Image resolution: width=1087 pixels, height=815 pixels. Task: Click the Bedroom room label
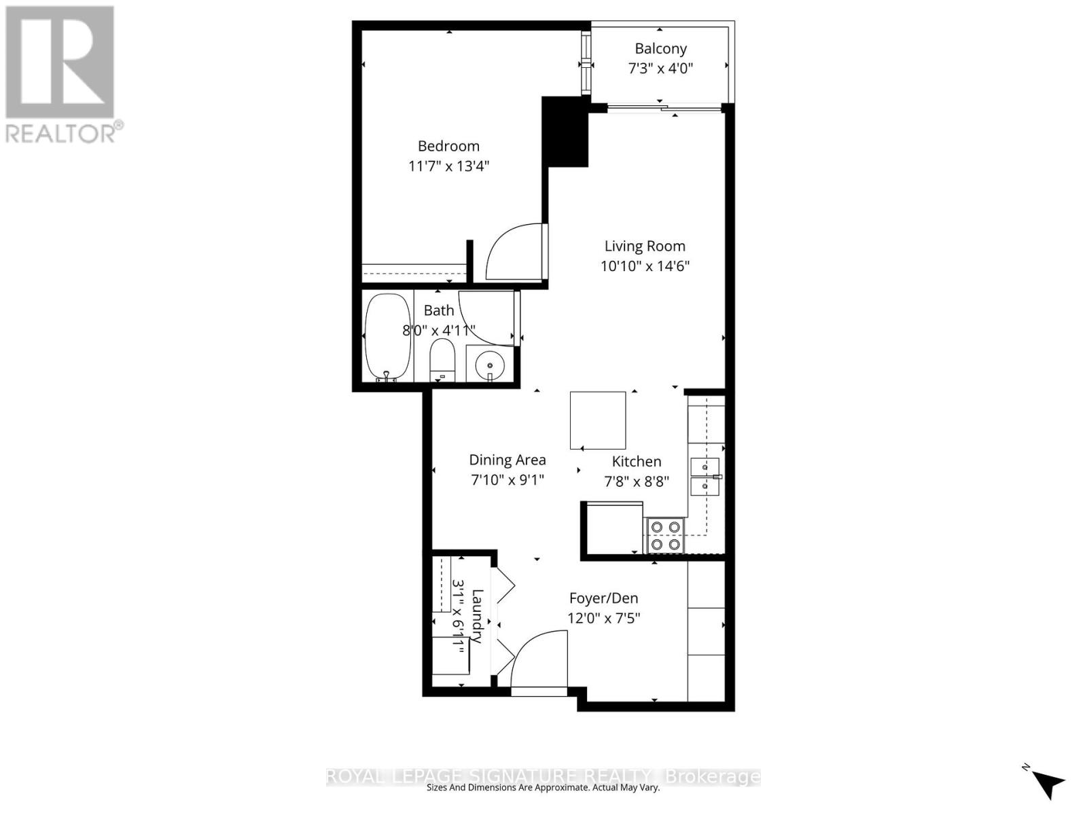pyautogui.click(x=448, y=146)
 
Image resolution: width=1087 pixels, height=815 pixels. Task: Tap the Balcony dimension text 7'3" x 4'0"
pyautogui.click(x=660, y=68)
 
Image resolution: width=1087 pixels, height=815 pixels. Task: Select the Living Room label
pyautogui.click(x=645, y=246)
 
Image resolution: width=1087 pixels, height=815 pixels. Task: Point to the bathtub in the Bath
pyautogui.click(x=388, y=336)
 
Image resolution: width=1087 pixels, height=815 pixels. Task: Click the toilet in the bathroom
pyautogui.click(x=442, y=360)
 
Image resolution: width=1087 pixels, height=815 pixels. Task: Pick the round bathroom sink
pyautogui.click(x=489, y=365)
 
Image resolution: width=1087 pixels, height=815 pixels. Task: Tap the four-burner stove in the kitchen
pyautogui.click(x=664, y=535)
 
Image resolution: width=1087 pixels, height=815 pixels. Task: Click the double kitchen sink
pyautogui.click(x=705, y=477)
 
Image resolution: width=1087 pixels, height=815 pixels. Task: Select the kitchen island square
pyautogui.click(x=598, y=420)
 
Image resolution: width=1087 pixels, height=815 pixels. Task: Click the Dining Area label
pyautogui.click(x=507, y=460)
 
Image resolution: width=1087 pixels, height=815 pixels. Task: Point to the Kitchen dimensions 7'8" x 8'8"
pyautogui.click(x=637, y=482)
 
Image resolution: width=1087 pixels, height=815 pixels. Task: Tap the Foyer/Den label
pyautogui.click(x=603, y=598)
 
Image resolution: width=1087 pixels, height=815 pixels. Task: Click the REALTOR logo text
pyautogui.click(x=65, y=132)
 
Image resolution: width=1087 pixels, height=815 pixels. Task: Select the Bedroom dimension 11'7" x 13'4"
pyautogui.click(x=448, y=166)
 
